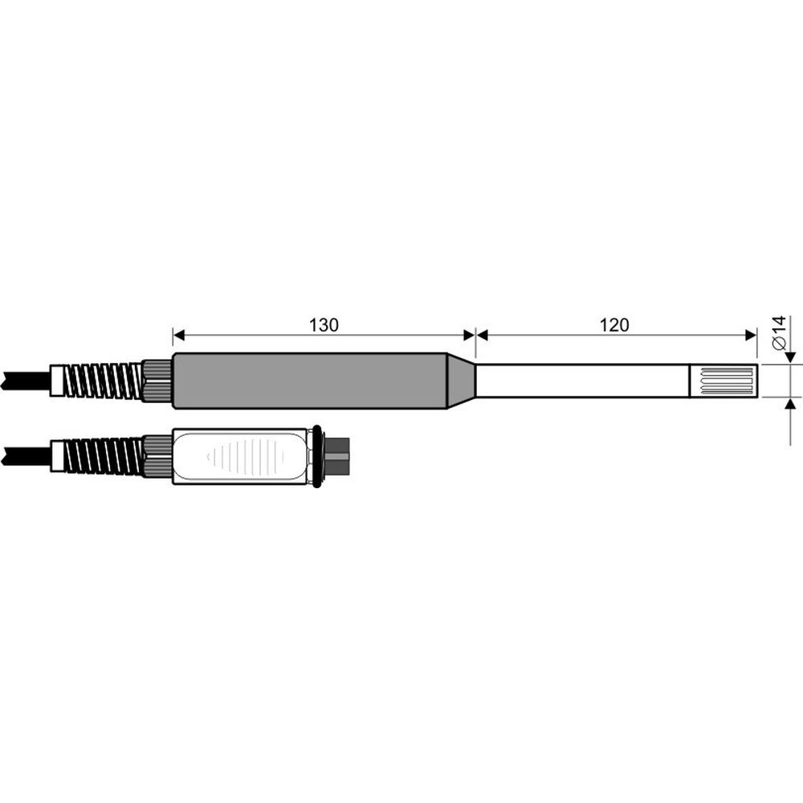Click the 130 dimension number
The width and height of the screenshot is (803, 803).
coord(324,325)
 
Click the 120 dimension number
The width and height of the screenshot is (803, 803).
coord(614,325)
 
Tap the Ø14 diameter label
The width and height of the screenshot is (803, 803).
coord(777,332)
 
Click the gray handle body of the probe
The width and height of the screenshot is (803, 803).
coord(309,381)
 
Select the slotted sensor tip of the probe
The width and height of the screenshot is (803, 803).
coord(724,381)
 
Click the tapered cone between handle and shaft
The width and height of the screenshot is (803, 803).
coord(461,381)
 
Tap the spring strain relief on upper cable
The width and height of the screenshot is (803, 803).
coord(103,380)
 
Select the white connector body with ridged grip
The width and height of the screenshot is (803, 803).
coord(241,455)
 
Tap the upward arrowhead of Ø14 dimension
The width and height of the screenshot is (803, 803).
coord(789,404)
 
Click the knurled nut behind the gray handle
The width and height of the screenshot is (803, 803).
coord(157,380)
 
